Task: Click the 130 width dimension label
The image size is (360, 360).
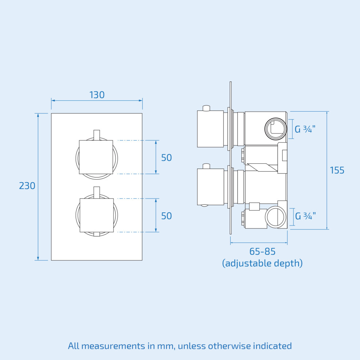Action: pos(97,95)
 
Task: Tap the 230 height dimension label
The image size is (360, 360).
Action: pos(27,186)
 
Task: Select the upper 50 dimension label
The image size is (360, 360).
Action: pos(167,158)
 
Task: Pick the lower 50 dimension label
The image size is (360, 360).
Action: pos(167,216)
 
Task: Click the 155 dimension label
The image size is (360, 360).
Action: pos(337,170)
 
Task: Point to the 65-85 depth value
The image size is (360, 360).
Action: pos(263,252)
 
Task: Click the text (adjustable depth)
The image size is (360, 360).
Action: pos(263,263)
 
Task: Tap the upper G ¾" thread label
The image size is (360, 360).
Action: pos(305,129)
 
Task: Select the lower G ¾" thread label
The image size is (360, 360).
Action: pos(305,216)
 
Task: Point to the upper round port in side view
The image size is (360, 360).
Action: pos(276,129)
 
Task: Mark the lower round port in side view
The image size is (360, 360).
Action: pos(275,217)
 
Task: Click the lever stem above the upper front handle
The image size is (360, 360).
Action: pos(97,135)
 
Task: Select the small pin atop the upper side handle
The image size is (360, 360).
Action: pos(207,108)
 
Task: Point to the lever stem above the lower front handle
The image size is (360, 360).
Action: pos(97,192)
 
